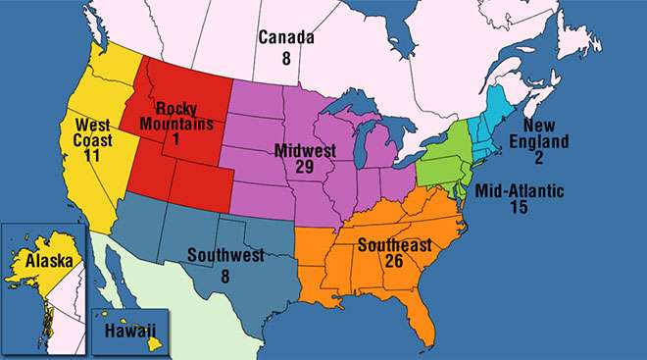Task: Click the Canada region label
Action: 286,38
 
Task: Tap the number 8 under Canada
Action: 286,58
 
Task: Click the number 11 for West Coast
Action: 93,155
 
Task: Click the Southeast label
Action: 394,244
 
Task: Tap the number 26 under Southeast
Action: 394,262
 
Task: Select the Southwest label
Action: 225,258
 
